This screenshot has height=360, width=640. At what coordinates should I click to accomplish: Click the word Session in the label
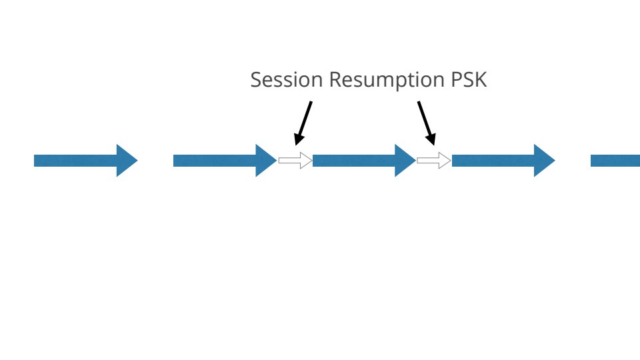point(287,80)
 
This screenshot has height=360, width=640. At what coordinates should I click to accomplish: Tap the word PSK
point(467,80)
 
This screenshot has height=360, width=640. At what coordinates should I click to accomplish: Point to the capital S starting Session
point(256,80)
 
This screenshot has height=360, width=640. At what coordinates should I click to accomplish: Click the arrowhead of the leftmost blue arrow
point(126,161)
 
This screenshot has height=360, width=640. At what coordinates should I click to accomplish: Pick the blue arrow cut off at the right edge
point(615,161)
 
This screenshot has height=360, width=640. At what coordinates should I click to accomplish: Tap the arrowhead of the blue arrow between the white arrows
point(404,161)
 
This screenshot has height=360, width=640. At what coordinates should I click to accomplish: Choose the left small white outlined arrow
point(295,161)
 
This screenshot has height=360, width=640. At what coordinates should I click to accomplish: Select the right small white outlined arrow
point(434,161)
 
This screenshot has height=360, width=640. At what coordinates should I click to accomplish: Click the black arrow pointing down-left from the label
point(303,122)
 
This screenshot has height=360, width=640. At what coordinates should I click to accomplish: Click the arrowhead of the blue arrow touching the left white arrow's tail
point(265,161)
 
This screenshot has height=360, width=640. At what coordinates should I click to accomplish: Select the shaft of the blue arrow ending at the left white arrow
point(214,161)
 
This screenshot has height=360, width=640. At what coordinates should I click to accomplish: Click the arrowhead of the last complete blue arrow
point(543,161)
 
